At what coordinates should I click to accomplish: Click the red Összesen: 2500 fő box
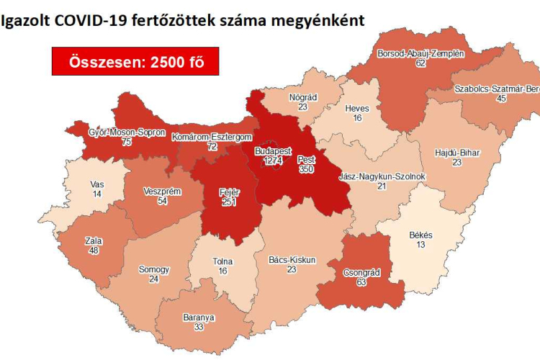click(135, 62)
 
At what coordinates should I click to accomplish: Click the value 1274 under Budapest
click(273, 162)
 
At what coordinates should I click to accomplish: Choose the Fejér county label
click(229, 192)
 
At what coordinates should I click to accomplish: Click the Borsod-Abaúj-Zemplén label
click(420, 53)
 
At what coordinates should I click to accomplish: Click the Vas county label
click(96, 184)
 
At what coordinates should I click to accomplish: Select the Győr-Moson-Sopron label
click(127, 133)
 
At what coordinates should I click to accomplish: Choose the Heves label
click(357, 109)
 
